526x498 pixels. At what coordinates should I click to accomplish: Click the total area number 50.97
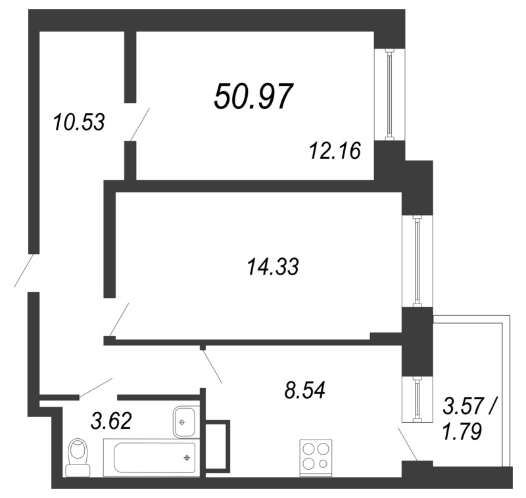point(252,97)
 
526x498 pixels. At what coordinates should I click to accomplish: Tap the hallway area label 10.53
point(79,122)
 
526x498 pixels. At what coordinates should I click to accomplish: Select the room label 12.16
point(335,152)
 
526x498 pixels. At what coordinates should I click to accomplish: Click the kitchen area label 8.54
point(303,391)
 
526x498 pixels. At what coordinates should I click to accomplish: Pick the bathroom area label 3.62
point(110,420)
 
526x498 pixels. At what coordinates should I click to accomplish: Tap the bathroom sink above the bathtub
point(185,420)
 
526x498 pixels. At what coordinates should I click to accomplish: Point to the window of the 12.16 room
point(389,95)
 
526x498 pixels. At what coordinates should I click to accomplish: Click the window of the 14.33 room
point(417,261)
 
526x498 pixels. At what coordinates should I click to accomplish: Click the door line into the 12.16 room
point(140,124)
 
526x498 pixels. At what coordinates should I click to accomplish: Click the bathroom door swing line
point(96,388)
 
